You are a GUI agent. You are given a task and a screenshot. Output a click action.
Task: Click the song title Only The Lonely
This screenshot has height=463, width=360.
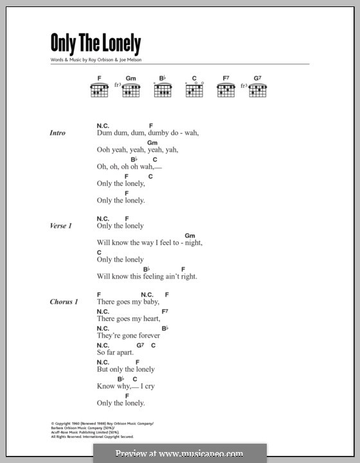point(95,44)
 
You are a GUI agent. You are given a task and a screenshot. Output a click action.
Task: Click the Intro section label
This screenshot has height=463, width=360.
point(58,133)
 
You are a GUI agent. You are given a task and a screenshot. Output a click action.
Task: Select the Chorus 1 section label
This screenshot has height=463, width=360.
point(63,302)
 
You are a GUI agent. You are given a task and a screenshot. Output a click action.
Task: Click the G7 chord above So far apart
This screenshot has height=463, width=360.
point(139,345)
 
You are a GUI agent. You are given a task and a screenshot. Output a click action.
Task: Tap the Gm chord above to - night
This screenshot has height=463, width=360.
point(190,235)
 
